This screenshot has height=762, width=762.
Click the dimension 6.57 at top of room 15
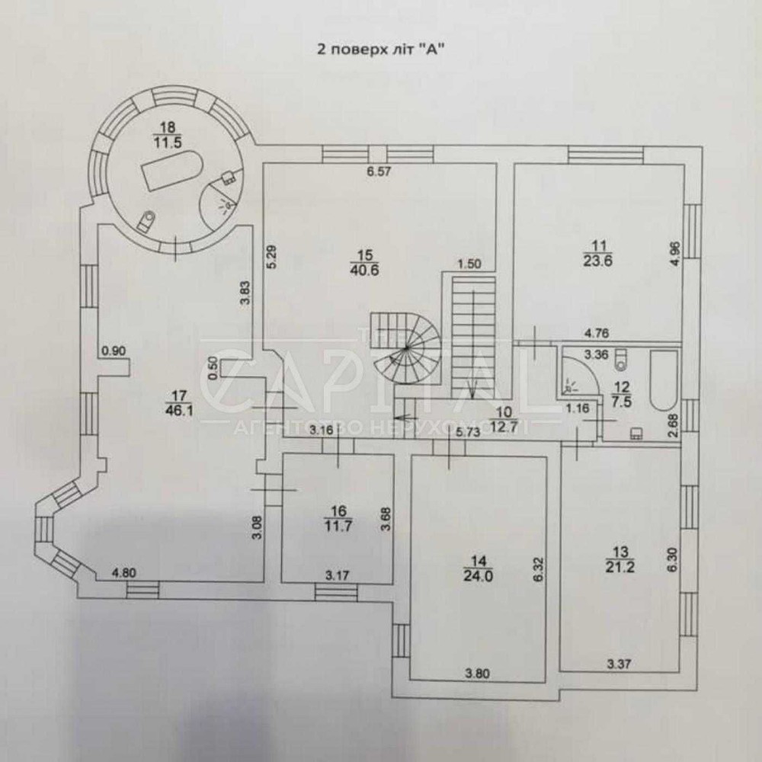point(379,171)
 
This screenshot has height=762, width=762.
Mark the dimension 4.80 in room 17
point(123,574)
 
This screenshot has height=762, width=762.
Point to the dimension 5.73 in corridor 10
point(467,431)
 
